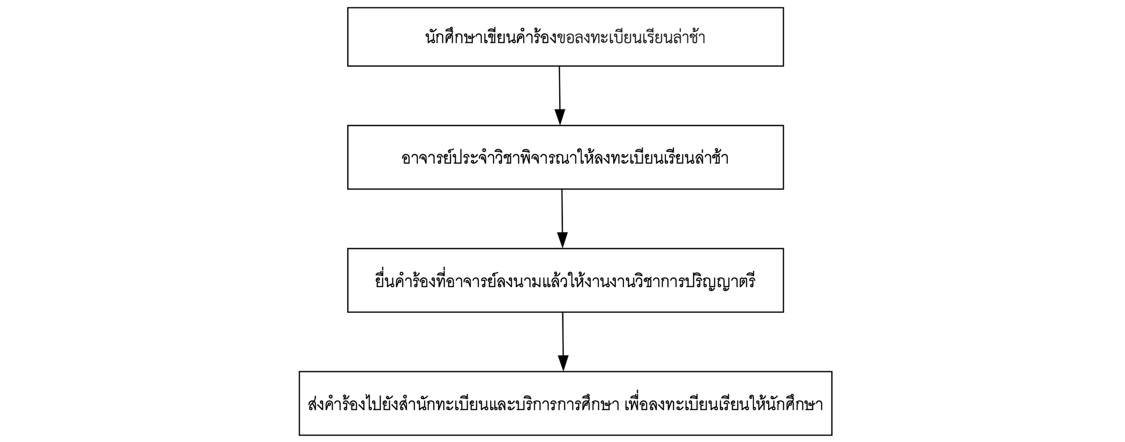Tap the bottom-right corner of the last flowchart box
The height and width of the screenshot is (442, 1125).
[832, 435]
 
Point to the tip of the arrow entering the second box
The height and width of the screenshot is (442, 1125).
[560, 125]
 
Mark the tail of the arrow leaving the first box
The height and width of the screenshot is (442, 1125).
[559, 66]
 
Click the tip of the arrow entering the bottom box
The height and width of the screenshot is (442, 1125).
[563, 371]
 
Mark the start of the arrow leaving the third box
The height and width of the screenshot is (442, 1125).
[562, 313]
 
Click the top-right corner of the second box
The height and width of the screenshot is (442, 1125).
[783, 126]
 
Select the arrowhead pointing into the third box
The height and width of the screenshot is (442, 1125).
[562, 240]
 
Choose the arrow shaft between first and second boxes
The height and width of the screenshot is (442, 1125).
[559, 88]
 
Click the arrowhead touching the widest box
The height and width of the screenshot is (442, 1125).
[563, 363]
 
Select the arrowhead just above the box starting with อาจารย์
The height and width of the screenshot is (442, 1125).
[560, 117]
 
